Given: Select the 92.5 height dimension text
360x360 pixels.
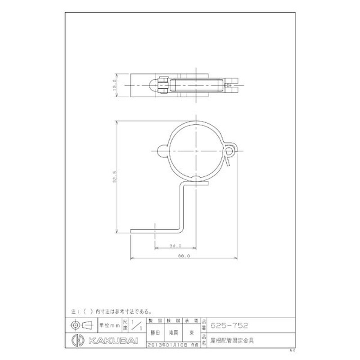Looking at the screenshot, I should click(115, 177).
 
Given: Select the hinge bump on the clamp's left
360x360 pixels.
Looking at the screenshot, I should click(163, 151).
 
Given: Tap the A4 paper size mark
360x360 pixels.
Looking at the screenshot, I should click(292, 350).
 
